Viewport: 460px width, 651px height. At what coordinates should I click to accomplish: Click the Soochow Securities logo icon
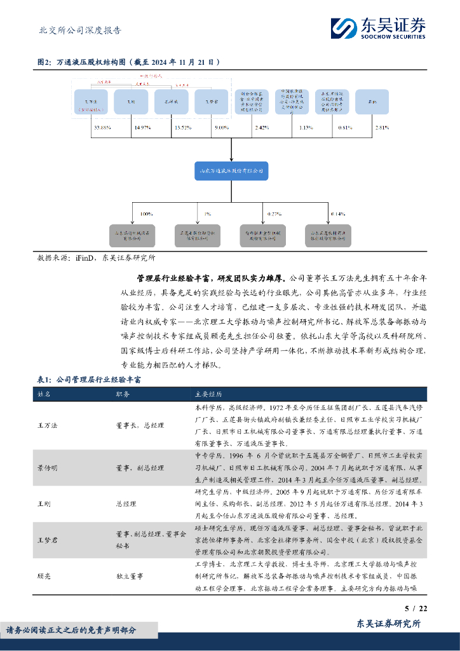coord(344,27)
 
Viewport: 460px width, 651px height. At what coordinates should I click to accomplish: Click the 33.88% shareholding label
coord(102,128)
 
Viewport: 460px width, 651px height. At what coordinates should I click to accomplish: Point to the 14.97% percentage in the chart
coord(142,128)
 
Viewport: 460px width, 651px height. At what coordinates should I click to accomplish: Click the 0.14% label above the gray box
coord(338,214)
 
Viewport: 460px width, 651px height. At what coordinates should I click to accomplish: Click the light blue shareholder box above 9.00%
coord(212,102)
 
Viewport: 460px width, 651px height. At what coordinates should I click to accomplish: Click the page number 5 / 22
coord(417,609)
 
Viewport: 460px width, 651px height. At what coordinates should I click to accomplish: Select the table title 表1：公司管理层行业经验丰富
coord(90,380)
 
